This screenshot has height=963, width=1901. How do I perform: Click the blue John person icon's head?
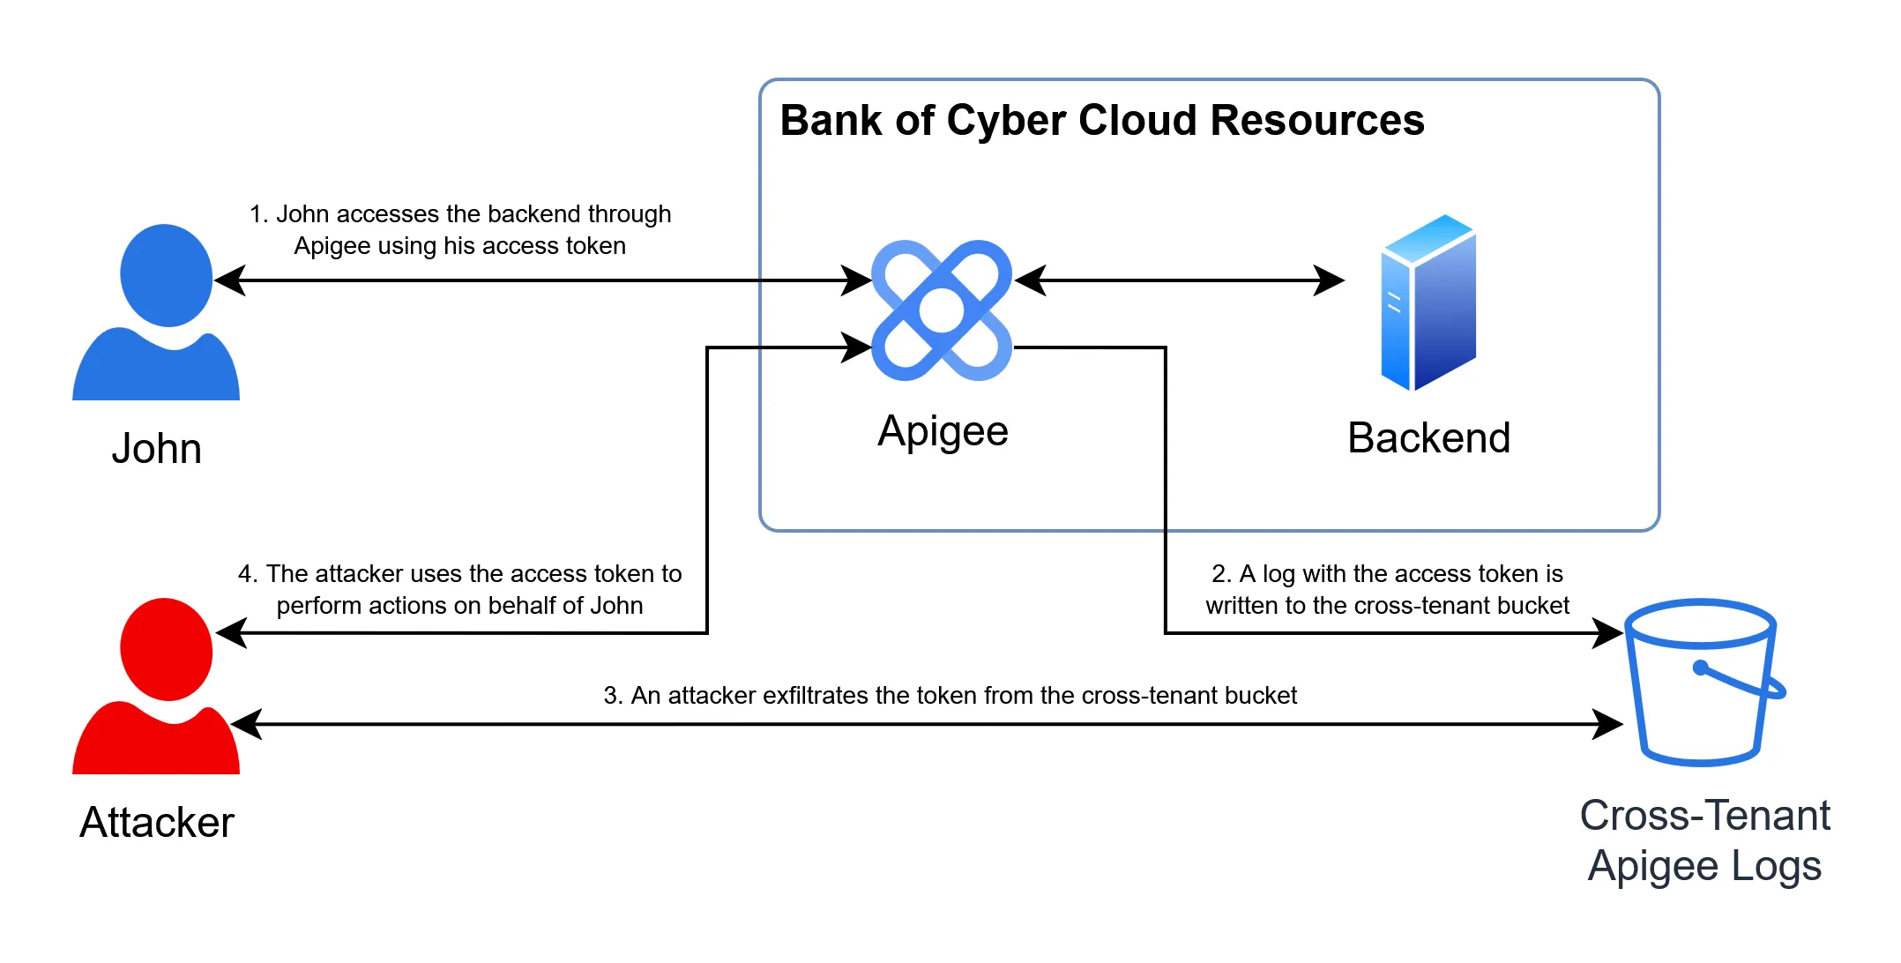pyautogui.click(x=166, y=275)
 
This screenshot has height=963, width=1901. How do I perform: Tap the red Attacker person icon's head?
pyautogui.click(x=166, y=649)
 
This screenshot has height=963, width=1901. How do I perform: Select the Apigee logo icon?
pyautogui.click(x=941, y=310)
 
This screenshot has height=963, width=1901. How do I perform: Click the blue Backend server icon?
pyautogui.click(x=1428, y=303)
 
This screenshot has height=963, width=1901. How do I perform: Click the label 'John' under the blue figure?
pyautogui.click(x=156, y=449)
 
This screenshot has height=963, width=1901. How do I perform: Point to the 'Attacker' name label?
pyautogui.click(x=156, y=823)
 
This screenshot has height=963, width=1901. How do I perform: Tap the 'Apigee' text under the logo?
pyautogui.click(x=943, y=431)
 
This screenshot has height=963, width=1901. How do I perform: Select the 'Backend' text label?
pyautogui.click(x=1428, y=438)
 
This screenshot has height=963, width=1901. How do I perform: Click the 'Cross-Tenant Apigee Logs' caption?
pyautogui.click(x=1704, y=840)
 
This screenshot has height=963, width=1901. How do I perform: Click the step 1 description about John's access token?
pyautogui.click(x=459, y=230)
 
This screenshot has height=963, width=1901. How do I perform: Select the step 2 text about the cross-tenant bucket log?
pyautogui.click(x=1387, y=590)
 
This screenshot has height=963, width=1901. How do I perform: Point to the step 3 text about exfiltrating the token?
pyautogui.click(x=950, y=696)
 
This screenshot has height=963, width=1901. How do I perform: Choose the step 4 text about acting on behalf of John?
pyautogui.click(x=459, y=590)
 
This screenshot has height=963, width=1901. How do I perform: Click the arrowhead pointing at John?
pyautogui.click(x=229, y=280)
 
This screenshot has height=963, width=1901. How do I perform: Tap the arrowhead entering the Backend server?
pyautogui.click(x=1330, y=280)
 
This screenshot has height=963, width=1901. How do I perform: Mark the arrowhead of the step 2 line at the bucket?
pyautogui.click(x=1608, y=632)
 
